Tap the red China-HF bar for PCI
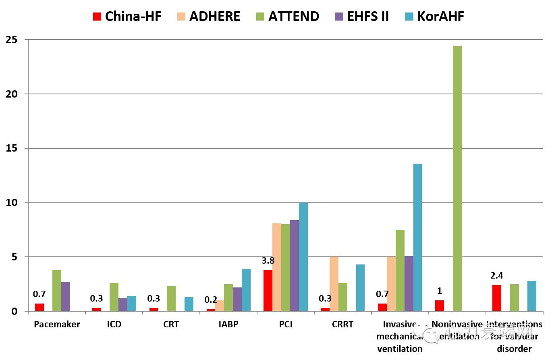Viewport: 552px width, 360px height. [x=268, y=290]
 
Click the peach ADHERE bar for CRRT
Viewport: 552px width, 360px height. [x=334, y=284]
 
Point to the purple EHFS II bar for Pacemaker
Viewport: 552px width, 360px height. [x=66, y=296]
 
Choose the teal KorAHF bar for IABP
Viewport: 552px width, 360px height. [x=246, y=290]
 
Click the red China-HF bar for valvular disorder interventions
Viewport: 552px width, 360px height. [x=496, y=298]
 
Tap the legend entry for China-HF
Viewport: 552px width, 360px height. [x=127, y=17]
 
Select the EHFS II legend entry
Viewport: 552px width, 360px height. [x=361, y=17]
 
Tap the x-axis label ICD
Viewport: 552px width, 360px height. [x=114, y=325]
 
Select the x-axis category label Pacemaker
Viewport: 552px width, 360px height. [x=57, y=325]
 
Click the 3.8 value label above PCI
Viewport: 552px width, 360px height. [x=268, y=261]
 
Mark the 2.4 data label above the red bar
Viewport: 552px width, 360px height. [x=496, y=276]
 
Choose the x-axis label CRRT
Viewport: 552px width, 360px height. [x=342, y=325]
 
